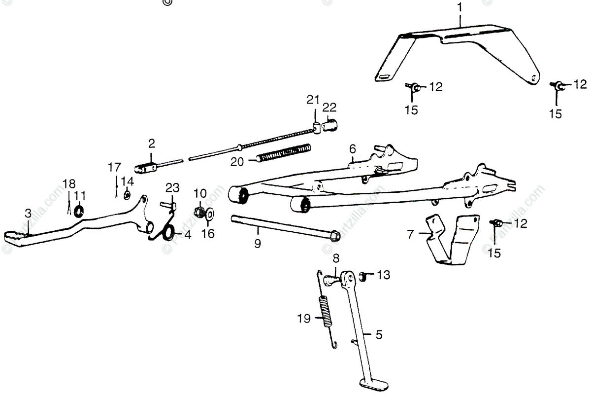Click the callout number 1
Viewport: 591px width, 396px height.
(x=460, y=8)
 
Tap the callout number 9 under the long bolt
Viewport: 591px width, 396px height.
(x=258, y=244)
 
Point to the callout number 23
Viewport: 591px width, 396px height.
(x=172, y=188)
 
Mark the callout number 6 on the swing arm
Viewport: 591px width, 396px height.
(x=352, y=148)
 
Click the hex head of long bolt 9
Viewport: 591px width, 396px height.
(x=334, y=235)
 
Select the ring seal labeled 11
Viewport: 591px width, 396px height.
(x=79, y=212)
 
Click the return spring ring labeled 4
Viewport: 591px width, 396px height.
(x=168, y=232)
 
